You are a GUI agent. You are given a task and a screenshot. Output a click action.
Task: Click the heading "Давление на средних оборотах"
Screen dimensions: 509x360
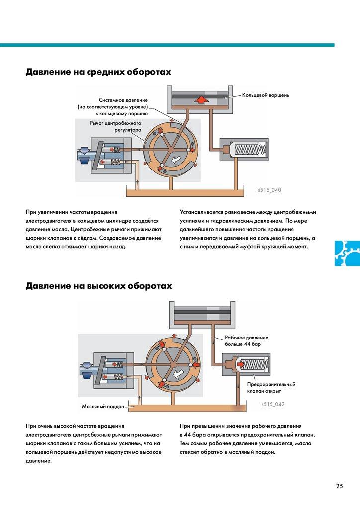(x=98, y=72)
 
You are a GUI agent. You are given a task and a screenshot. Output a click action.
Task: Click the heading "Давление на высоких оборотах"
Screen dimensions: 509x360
(x=98, y=286)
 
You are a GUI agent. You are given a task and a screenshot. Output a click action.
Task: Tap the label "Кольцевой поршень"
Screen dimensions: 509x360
(x=265, y=94)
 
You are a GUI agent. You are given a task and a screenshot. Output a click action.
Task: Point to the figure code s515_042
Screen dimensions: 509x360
(x=272, y=404)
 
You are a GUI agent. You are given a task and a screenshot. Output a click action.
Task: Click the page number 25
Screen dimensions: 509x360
(x=339, y=486)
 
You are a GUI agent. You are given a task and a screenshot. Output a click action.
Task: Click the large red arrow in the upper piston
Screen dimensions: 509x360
(x=201, y=99)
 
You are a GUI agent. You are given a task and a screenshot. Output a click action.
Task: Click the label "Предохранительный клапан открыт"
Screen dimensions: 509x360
(x=271, y=387)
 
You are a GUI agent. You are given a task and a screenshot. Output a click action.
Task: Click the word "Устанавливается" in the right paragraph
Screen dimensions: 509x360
(x=204, y=212)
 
